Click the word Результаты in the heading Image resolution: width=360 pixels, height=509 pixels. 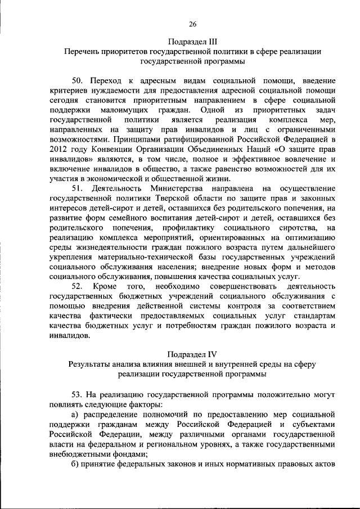click(x=89, y=364)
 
